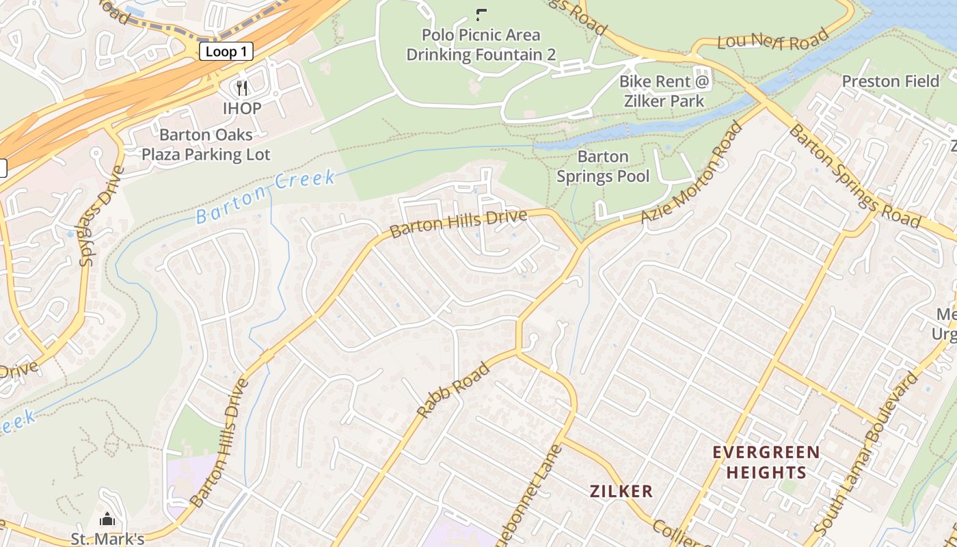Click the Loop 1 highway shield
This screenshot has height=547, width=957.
(226, 51)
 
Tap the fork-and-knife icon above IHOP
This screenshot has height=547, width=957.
(241, 88)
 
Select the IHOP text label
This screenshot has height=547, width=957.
(241, 108)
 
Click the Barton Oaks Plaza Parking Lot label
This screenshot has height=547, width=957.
(206, 144)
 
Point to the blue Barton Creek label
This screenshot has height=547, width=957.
(266, 198)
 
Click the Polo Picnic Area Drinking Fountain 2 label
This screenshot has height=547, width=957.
(481, 45)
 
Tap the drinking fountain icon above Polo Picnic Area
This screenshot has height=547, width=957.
(481, 14)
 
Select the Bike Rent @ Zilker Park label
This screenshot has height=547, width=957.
(665, 91)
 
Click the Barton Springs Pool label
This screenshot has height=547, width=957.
(603, 166)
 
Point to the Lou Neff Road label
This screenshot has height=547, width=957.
(773, 42)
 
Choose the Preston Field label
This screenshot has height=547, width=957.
(891, 81)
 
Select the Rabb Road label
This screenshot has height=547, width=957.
(453, 390)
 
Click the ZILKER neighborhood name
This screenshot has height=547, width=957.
(621, 491)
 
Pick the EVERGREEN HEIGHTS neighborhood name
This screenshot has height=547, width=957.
(766, 462)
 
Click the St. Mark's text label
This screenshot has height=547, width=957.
(108, 539)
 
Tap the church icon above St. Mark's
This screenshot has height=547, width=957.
(107, 520)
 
